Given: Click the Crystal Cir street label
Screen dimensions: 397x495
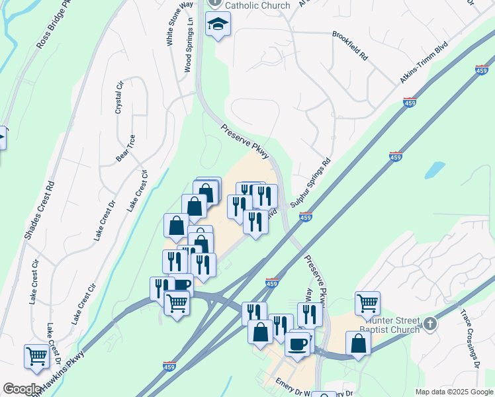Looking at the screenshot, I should [120, 97].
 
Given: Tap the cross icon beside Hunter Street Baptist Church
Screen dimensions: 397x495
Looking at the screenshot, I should [431, 324].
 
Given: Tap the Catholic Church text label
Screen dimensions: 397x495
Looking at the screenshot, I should [257, 5].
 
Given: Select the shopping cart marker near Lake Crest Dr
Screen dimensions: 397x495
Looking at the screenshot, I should [37, 356].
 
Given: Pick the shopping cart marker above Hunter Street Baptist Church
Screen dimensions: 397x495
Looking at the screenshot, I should [367, 303].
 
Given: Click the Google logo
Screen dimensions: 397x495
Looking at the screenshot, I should [22, 389].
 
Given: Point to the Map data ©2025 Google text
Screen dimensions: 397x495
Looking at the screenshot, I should [454, 392].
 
